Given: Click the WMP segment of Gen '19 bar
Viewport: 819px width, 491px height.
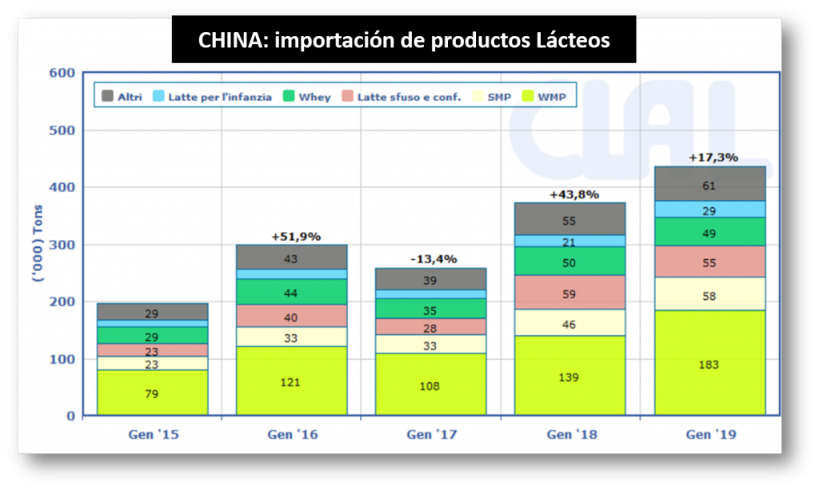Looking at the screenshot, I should [x=709, y=363].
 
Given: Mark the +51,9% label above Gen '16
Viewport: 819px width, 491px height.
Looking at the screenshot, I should [x=296, y=236].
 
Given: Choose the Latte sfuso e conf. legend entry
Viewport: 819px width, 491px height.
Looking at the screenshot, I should [x=400, y=97].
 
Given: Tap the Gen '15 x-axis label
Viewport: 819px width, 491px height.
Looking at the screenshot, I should [x=152, y=435].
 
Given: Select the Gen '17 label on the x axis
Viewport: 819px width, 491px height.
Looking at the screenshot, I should [x=430, y=435].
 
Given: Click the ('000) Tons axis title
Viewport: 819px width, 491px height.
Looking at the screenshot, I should [x=36, y=245].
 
